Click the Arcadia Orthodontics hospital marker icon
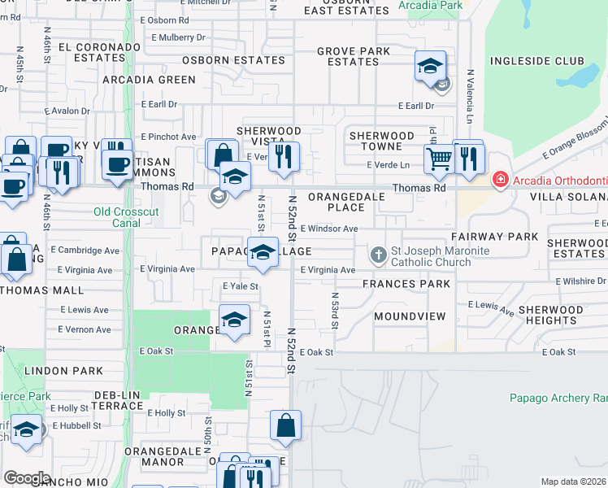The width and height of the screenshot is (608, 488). [502, 179]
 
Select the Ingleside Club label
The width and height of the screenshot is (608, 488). [536, 61]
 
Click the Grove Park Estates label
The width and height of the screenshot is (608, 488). [354, 56]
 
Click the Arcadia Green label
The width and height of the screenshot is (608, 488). [150, 80]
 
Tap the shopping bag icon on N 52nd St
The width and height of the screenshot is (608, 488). [285, 425]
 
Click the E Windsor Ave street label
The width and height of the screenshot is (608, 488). [328, 229]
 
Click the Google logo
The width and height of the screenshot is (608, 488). [28, 477]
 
